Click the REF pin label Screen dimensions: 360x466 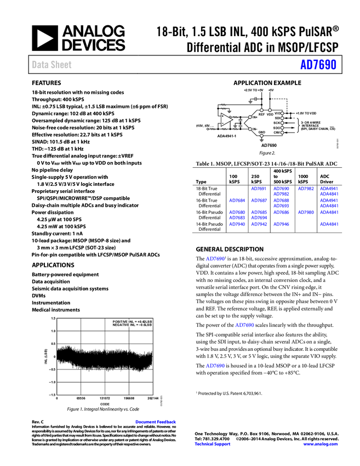click(x=261, y=114)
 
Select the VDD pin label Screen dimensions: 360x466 click(x=270, y=114)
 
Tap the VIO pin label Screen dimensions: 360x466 click(x=277, y=113)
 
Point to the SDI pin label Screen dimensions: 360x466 click(x=277, y=118)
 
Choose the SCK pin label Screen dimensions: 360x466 click(x=277, y=123)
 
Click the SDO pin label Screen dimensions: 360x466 click(x=277, y=128)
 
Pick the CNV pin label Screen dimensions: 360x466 click(x=277, y=133)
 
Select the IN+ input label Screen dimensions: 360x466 click(x=255, y=117)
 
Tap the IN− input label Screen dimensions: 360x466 click(x=255, y=129)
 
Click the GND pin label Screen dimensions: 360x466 click(x=261, y=132)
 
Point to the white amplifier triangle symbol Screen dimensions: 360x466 click(x=225, y=119)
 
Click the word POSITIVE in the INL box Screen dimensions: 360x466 click(x=121, y=321)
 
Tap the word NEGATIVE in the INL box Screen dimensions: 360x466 click(x=121, y=325)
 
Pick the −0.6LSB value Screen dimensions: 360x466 click(x=143, y=325)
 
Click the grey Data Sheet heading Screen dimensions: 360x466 click(x=52, y=65)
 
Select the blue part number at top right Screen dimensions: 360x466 click(x=318, y=65)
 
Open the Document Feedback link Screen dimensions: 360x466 click(x=156, y=422)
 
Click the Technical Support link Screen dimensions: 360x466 click(x=213, y=444)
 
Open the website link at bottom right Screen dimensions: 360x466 click(x=321, y=444)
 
